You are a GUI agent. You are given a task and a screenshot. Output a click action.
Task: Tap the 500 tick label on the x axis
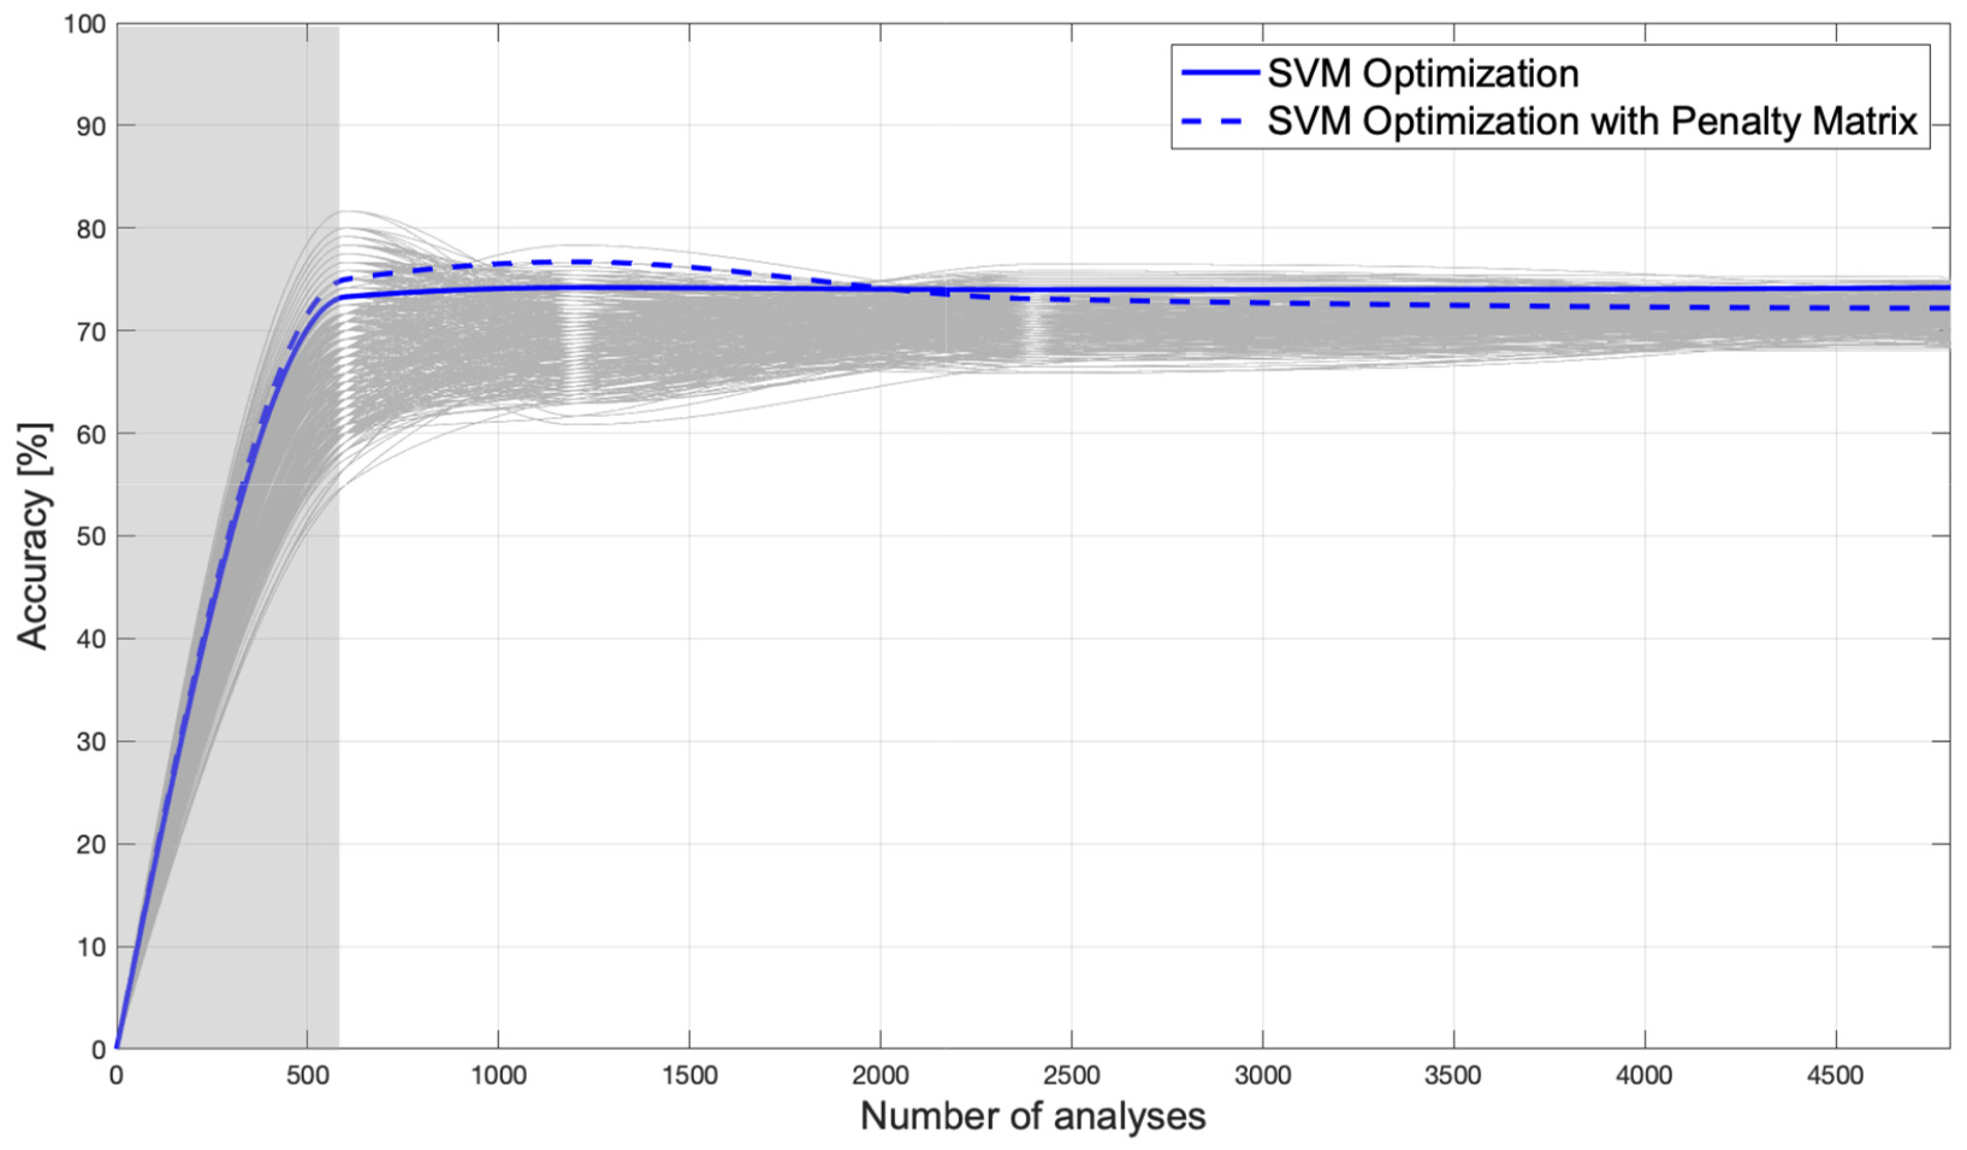307,1076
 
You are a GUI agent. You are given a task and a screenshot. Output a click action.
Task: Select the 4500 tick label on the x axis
1835,1076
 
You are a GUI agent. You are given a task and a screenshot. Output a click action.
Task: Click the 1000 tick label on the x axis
498,1076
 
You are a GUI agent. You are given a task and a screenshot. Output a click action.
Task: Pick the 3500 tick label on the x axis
1453,1076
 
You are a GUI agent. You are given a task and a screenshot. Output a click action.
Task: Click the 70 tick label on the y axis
91,332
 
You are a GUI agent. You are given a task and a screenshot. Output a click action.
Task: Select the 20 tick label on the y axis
91,845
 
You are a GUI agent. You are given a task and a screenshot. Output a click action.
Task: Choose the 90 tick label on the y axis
91,126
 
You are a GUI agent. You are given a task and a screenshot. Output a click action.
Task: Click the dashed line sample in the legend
1220,121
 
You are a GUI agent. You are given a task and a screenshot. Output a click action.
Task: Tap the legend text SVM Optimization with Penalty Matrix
1592,121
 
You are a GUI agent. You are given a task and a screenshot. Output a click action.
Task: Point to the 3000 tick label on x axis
1262,1076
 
